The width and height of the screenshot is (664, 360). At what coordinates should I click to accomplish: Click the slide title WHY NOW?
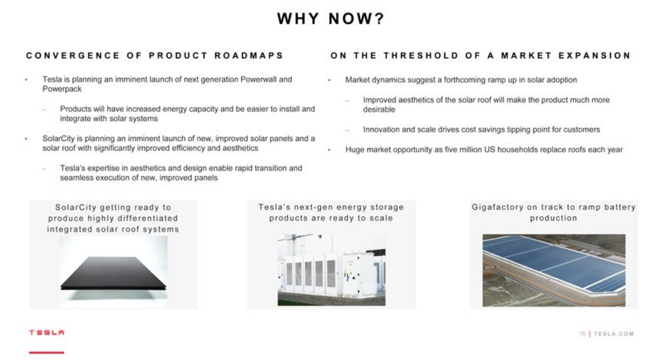(331, 19)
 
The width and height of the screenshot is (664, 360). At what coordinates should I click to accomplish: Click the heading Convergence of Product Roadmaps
(155, 56)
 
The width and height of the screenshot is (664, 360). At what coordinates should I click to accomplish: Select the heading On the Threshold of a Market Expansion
(480, 56)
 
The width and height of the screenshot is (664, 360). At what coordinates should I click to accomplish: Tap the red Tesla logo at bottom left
(47, 333)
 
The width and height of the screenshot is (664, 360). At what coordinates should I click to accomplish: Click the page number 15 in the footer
(582, 334)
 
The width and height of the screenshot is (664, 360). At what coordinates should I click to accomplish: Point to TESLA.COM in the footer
(614, 334)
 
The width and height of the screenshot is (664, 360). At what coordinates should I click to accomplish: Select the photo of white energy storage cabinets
(331, 270)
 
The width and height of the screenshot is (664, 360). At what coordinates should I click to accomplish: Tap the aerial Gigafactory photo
(554, 270)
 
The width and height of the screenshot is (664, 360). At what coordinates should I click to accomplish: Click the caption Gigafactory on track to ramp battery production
(554, 212)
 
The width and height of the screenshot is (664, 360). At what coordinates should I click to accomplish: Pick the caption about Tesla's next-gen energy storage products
(331, 212)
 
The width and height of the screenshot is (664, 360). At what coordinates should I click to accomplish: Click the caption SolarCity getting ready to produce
(113, 218)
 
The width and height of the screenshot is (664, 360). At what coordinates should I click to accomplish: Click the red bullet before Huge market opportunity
(330, 150)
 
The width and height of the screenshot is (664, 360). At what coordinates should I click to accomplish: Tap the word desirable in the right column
(379, 109)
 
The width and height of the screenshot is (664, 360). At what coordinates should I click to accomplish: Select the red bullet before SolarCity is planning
(26, 139)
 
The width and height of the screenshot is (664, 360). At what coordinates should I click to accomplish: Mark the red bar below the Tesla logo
(47, 352)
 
